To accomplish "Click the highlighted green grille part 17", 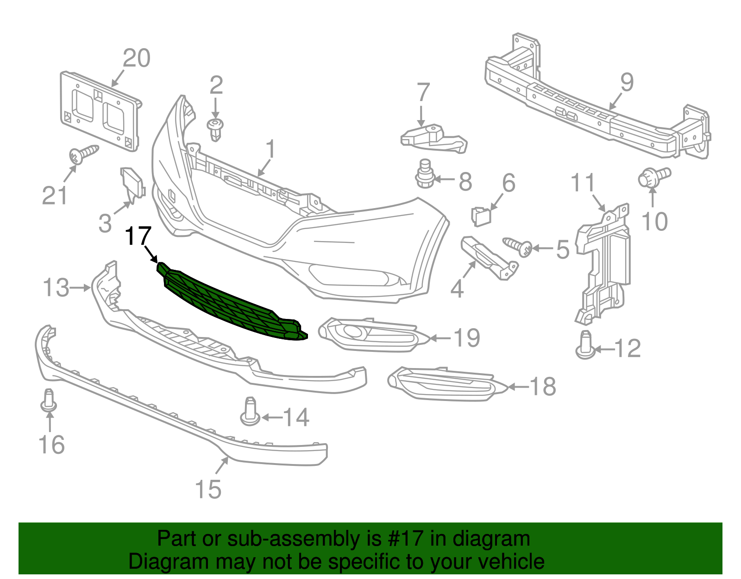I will pyautogui.click(x=232, y=301).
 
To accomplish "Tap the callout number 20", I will pyautogui.click(x=137, y=59).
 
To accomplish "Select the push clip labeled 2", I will pyautogui.click(x=215, y=128).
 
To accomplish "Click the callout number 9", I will pyautogui.click(x=627, y=83).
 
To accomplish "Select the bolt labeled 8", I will pyautogui.click(x=424, y=173).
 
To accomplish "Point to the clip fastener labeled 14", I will pyautogui.click(x=250, y=411).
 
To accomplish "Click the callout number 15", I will pyautogui.click(x=208, y=490).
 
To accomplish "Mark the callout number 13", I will pyautogui.click(x=56, y=287).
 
